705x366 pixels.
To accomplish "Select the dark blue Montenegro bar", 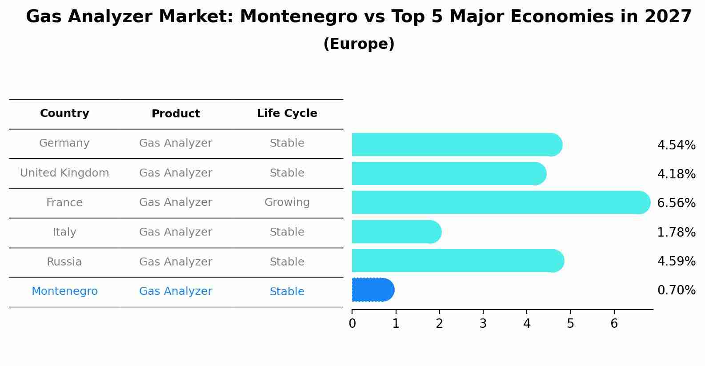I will pyautogui.click(x=373, y=290).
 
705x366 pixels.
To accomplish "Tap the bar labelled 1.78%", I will pyautogui.click(x=396, y=232).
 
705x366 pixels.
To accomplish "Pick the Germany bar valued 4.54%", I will pyautogui.click(x=456, y=145).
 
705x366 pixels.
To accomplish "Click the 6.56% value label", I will pyautogui.click(x=676, y=203).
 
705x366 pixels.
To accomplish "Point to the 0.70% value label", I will pyautogui.click(x=676, y=290).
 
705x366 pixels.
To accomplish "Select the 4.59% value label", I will pyautogui.click(x=676, y=261).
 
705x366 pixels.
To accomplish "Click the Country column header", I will pyautogui.click(x=64, y=113).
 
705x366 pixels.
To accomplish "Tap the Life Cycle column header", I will pyautogui.click(x=287, y=113).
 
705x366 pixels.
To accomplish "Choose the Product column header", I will pyautogui.click(x=176, y=114).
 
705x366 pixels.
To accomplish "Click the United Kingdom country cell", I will pyautogui.click(x=64, y=173).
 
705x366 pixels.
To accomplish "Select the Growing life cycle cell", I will pyautogui.click(x=287, y=202).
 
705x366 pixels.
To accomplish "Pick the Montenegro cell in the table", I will pyautogui.click(x=64, y=291).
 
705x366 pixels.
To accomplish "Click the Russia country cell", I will pyautogui.click(x=64, y=262).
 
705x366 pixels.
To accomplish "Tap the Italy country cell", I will pyautogui.click(x=64, y=232).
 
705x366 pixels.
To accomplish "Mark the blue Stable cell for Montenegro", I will pyautogui.click(x=287, y=292).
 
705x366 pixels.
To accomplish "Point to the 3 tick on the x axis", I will pyautogui.click(x=483, y=323).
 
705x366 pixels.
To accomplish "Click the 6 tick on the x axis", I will pyautogui.click(x=614, y=323).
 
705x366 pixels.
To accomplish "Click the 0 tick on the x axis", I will pyautogui.click(x=352, y=323).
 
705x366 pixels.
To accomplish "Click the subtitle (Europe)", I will pyautogui.click(x=359, y=44).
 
